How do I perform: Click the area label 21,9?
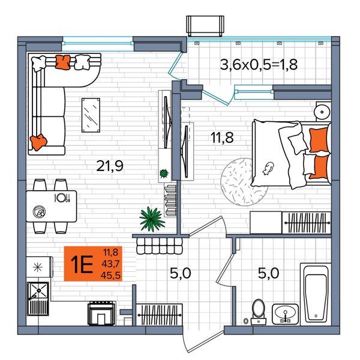pyautogui.click(x=110, y=166)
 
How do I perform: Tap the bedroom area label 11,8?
pyautogui.click(x=222, y=137)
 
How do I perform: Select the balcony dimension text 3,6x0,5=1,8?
pyautogui.click(x=259, y=65)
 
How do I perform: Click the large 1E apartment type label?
pyautogui.click(x=82, y=264)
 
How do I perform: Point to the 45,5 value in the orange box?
pyautogui.click(x=110, y=275)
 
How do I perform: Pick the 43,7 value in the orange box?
pyautogui.click(x=110, y=264)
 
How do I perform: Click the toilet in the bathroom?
pyautogui.click(x=259, y=312)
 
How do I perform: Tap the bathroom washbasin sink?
pyautogui.click(x=285, y=314)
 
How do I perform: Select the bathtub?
pyautogui.click(x=316, y=295)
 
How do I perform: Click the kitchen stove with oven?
pyautogui.click(x=101, y=313)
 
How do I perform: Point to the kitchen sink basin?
pyautogui.click(x=38, y=290)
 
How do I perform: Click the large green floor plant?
pyautogui.click(x=152, y=218)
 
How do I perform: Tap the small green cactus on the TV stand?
pyautogui.click(x=164, y=173)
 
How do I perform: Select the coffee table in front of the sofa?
pyautogui.click(x=91, y=115)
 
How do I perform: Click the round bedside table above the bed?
pyautogui.click(x=323, y=112)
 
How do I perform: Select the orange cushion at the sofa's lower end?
pyautogui.click(x=38, y=142)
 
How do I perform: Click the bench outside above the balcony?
pyautogui.click(x=205, y=26)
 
